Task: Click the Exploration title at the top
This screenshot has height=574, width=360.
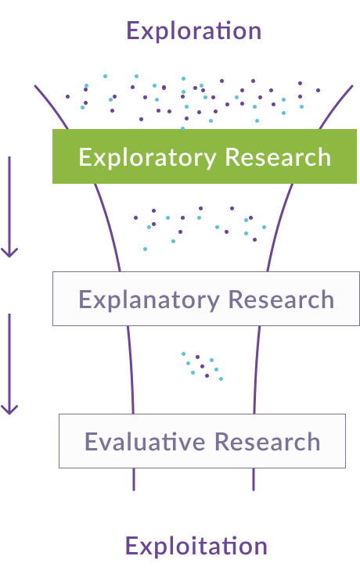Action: click(x=193, y=31)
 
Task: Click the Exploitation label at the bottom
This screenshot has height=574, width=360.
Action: click(x=196, y=546)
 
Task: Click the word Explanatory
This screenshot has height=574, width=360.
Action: click(x=149, y=300)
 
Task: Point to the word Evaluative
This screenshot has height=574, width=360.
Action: click(x=146, y=442)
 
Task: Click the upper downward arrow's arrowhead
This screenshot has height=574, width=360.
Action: click(x=9, y=252)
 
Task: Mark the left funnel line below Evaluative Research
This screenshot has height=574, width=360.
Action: click(x=134, y=479)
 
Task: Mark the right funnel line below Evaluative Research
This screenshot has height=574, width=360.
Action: click(x=254, y=479)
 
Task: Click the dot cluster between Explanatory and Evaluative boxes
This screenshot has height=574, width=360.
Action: click(x=202, y=365)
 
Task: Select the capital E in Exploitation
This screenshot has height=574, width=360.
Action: click(x=132, y=546)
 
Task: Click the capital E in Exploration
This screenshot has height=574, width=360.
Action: click(x=134, y=31)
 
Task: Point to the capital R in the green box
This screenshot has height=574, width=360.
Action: click(x=232, y=157)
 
